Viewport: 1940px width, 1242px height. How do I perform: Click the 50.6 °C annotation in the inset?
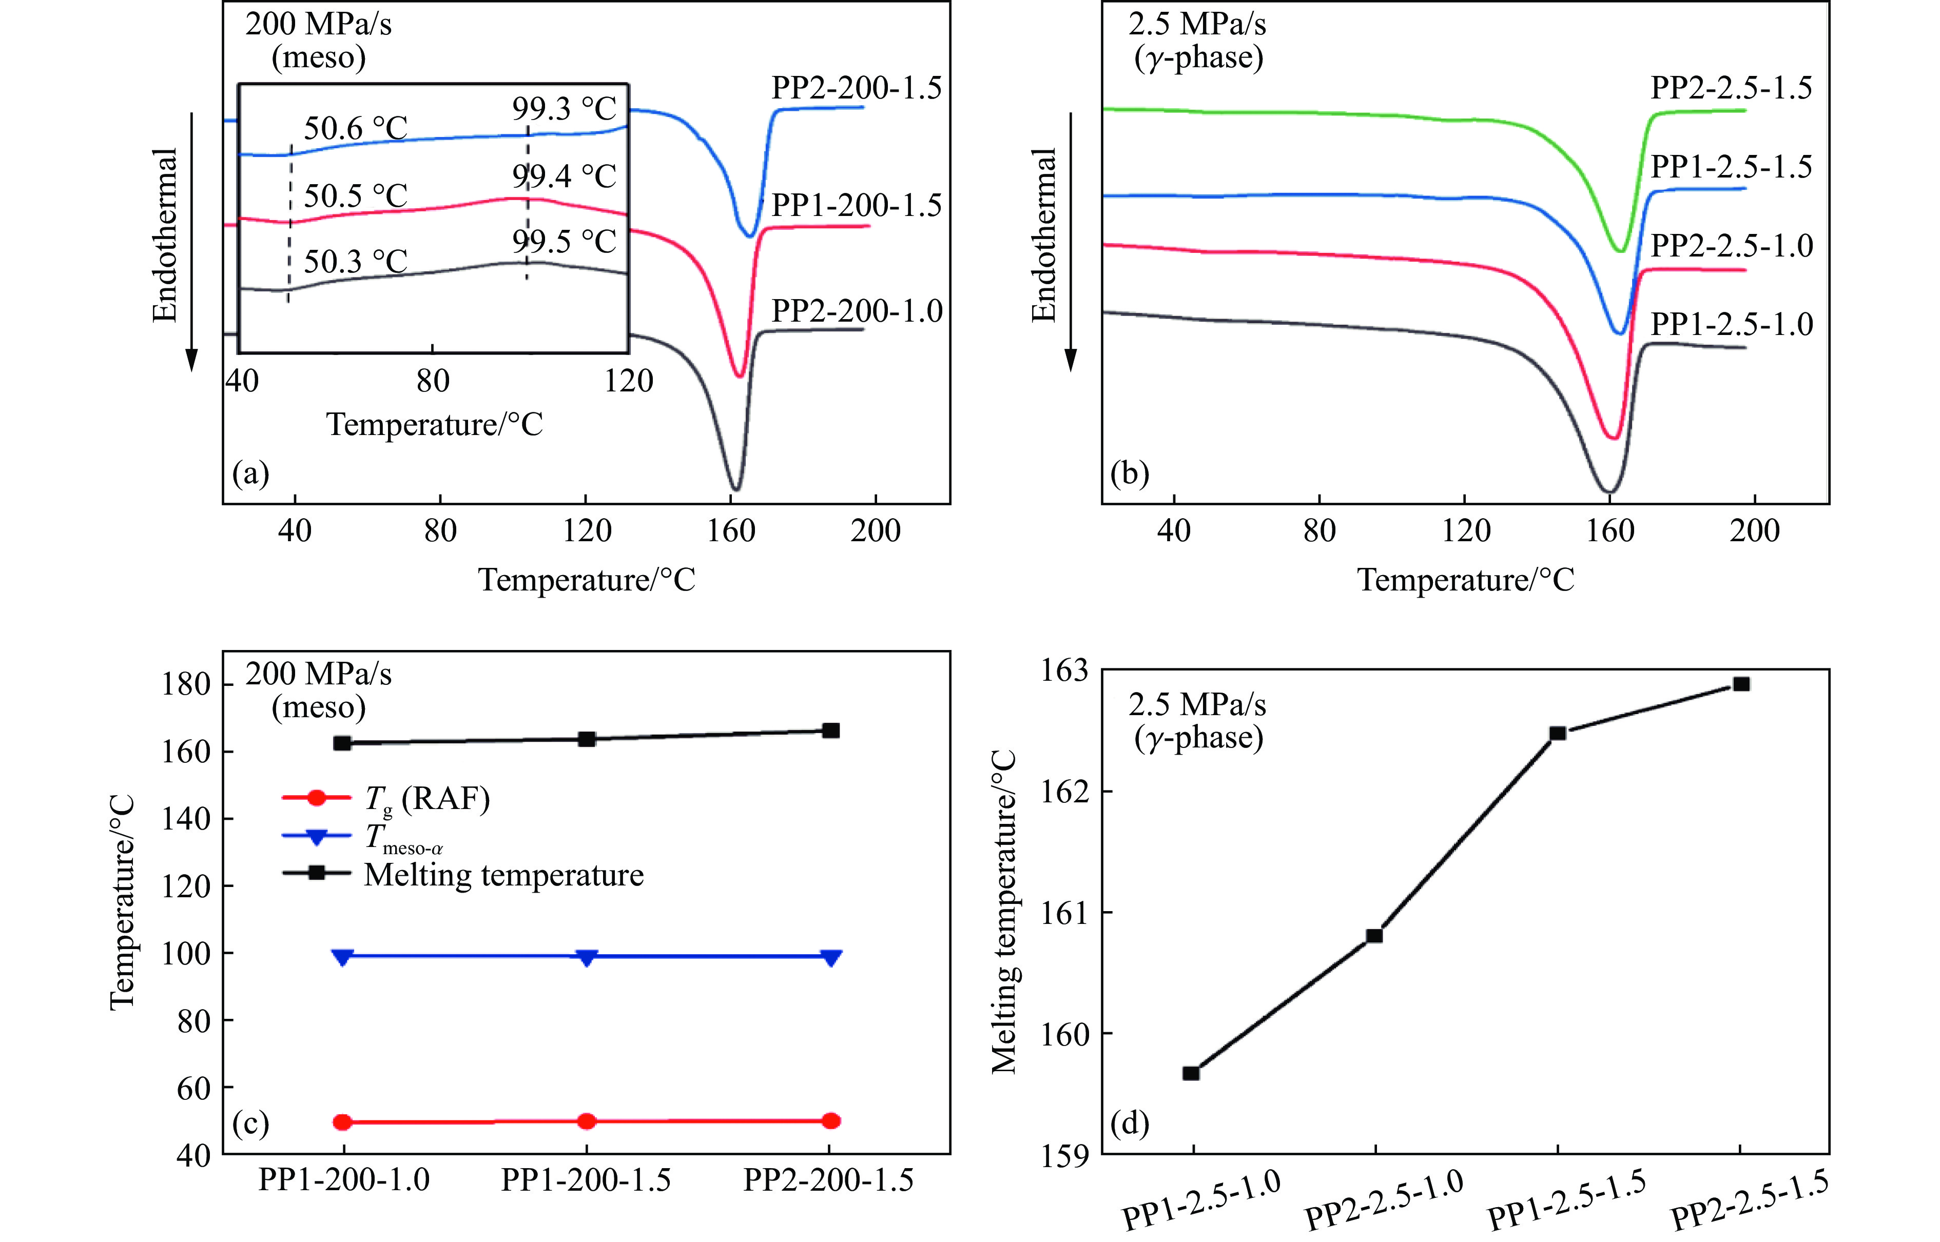click(x=355, y=128)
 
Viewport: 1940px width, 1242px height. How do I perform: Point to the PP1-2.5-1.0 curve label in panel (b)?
click(x=1731, y=324)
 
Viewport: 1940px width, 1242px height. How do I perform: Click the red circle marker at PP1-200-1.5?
click(x=587, y=1121)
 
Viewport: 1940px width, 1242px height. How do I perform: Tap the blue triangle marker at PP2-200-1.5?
click(x=831, y=957)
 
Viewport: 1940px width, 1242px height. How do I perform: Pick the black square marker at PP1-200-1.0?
click(x=342, y=743)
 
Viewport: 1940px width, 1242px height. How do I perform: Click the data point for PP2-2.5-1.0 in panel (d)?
click(x=1374, y=936)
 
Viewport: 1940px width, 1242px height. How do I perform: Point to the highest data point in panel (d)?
click(x=1741, y=684)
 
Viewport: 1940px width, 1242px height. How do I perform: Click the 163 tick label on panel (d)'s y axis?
click(x=1065, y=671)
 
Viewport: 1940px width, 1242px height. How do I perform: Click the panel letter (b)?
click(x=1129, y=474)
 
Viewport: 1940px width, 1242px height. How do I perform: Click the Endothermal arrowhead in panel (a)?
click(x=192, y=362)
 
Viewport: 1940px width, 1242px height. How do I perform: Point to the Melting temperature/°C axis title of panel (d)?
click(x=1005, y=911)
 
